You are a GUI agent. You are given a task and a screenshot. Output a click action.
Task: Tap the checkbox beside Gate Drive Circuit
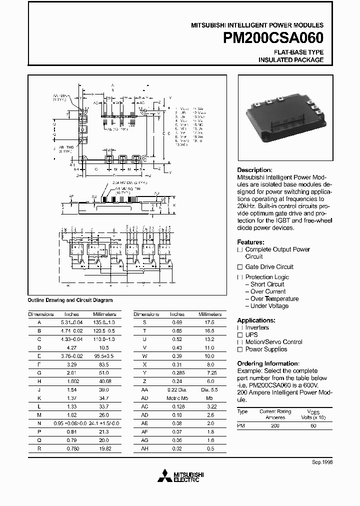pos(240,267)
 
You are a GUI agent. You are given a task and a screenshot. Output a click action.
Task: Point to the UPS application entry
pos(251,335)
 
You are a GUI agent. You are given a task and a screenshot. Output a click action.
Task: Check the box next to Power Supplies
pos(240,349)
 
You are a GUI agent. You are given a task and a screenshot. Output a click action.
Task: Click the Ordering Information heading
pos(268,363)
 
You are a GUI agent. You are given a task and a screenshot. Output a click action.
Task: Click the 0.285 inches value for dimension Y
pos(177,373)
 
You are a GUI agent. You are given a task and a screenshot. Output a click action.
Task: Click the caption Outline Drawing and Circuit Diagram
pos(70,300)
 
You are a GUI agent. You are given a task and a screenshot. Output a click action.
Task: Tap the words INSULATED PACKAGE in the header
pos(290,59)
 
